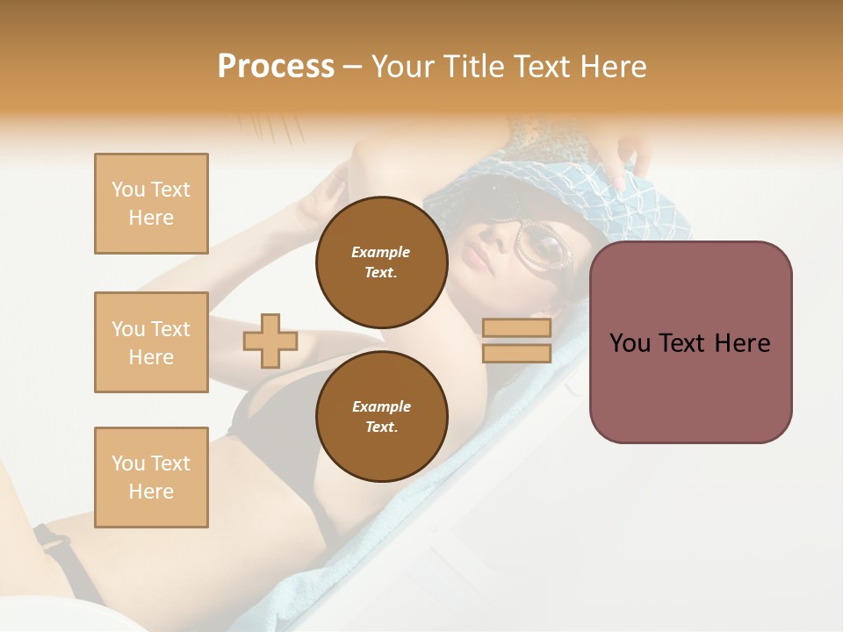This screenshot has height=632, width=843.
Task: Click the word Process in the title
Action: coord(276,67)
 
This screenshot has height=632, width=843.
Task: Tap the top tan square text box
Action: coord(151,204)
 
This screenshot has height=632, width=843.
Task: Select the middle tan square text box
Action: coord(151,342)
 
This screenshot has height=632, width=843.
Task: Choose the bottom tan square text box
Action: coord(151,477)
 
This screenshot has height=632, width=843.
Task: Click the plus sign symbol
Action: coord(270,341)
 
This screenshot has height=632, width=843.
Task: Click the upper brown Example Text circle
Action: coord(381,262)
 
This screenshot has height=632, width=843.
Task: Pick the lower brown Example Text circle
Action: coord(381,416)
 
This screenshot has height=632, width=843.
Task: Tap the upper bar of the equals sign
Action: coord(516,328)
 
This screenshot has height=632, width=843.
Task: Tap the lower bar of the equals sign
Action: coord(516,353)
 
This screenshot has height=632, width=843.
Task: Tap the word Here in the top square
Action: coord(151,218)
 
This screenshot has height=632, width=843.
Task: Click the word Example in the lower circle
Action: coord(381,406)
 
